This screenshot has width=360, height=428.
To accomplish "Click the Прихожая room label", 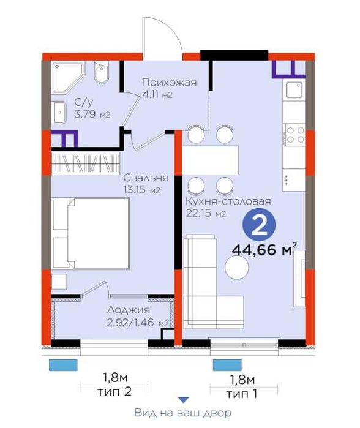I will (x=169, y=84).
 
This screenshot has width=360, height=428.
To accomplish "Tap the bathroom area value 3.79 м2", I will (x=92, y=115).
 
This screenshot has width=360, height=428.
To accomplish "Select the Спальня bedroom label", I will (x=141, y=179).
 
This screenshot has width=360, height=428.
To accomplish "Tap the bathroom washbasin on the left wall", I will (x=59, y=111).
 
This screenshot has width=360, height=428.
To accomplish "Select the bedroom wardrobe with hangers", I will (x=85, y=163).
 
